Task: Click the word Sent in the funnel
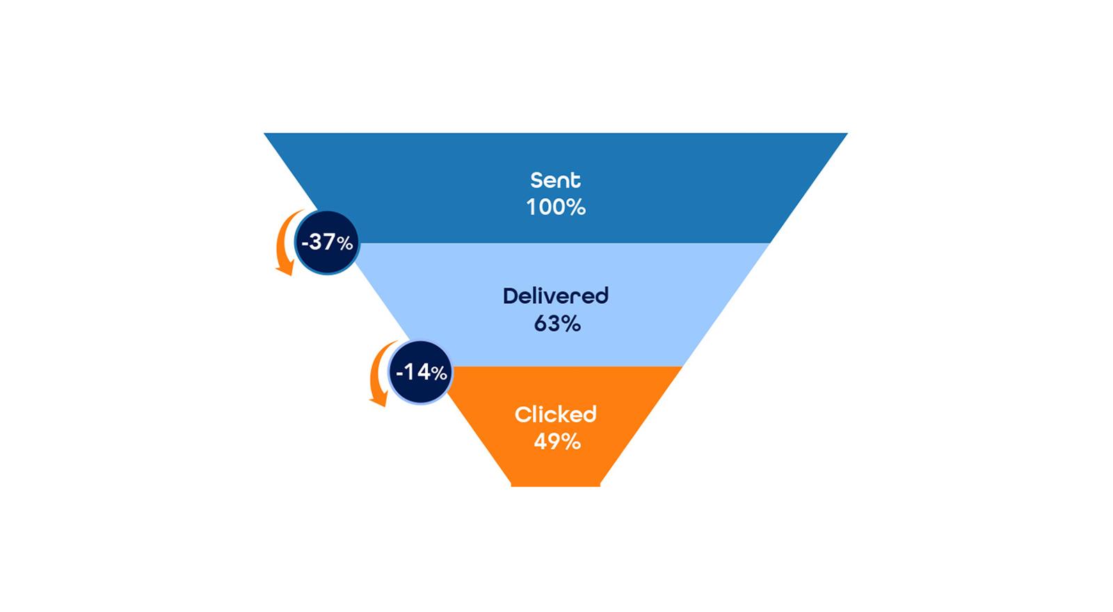(555, 180)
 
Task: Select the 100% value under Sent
(556, 207)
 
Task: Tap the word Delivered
(555, 296)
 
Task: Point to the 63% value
(556, 323)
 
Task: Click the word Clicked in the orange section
(555, 414)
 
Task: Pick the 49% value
(556, 442)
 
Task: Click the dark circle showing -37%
(327, 242)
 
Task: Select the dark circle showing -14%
(421, 372)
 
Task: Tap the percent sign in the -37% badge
(344, 243)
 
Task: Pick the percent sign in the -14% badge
(439, 373)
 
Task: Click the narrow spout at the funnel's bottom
(556, 483)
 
